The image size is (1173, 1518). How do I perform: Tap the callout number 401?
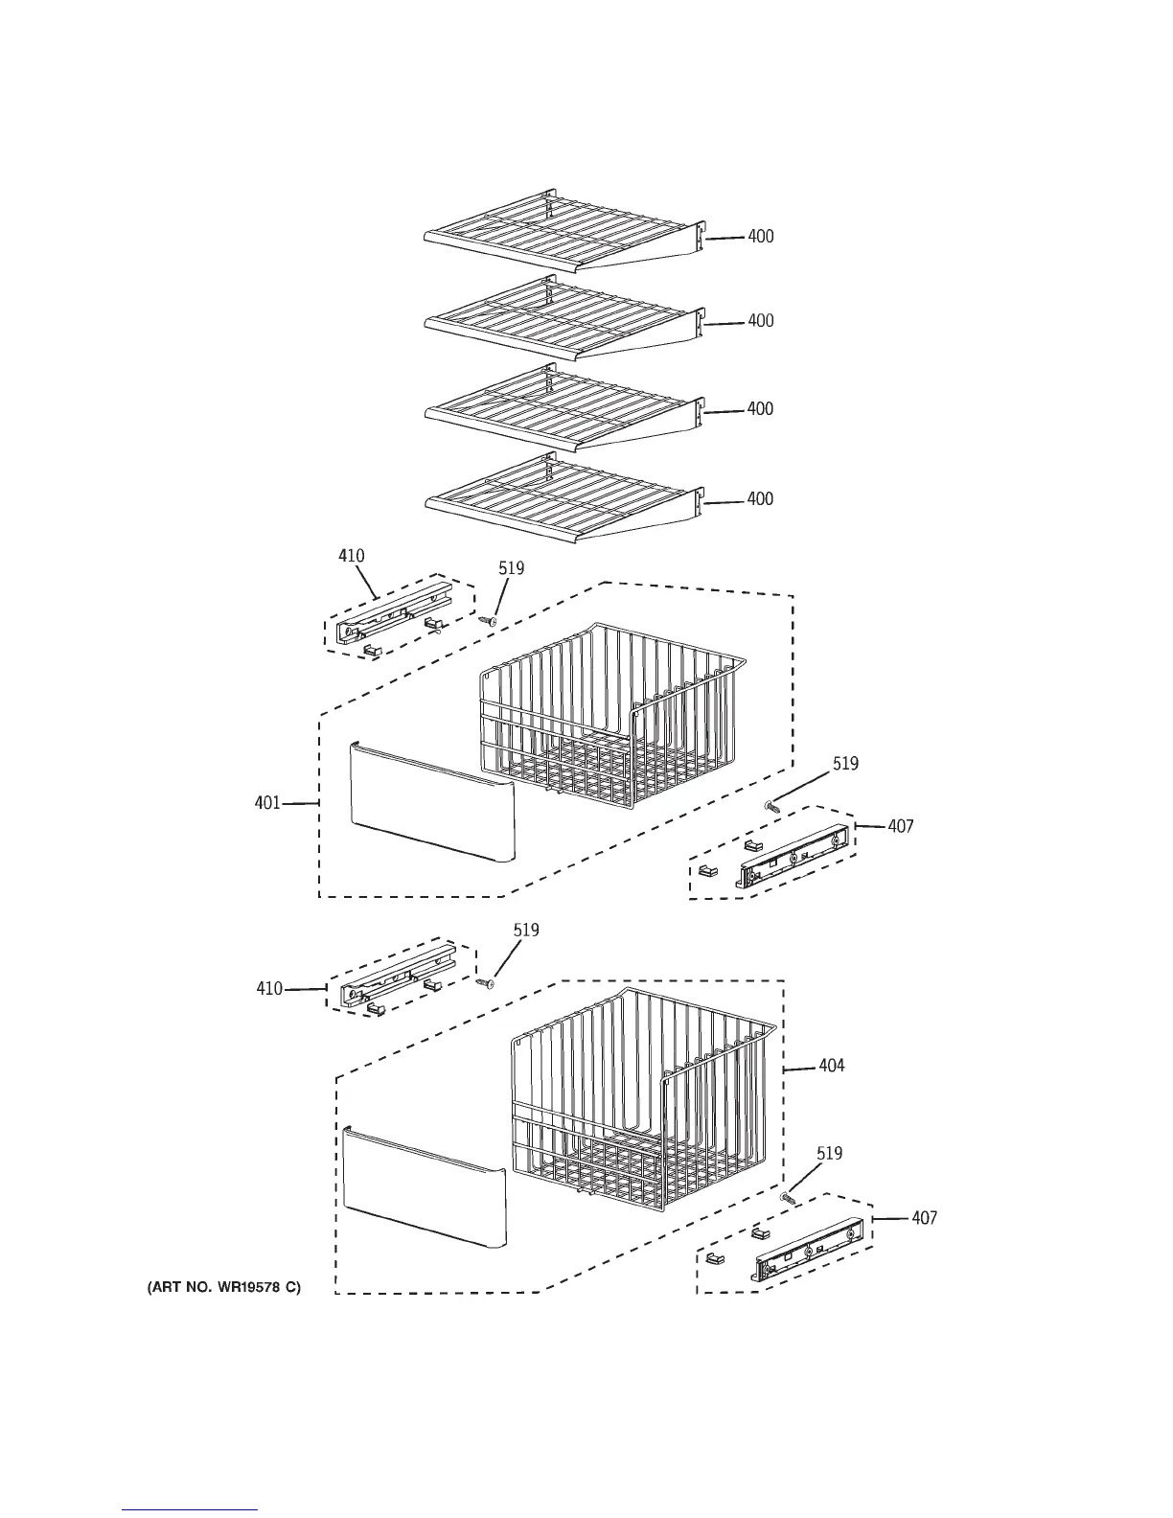tap(267, 803)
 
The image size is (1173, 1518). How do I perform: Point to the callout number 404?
tap(832, 1066)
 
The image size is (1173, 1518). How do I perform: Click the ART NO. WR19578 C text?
tap(223, 1288)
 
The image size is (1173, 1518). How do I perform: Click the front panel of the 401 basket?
tap(431, 800)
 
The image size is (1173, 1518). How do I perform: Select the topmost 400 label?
tap(760, 237)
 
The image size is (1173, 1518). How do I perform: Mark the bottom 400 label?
tap(760, 499)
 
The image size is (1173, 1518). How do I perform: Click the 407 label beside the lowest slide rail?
tap(924, 1219)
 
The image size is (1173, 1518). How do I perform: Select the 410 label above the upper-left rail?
tap(352, 556)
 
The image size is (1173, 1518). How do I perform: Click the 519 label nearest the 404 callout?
tap(830, 1154)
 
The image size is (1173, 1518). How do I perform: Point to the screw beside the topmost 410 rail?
tap(487, 620)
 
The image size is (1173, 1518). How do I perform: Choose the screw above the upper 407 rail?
tap(770, 808)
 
